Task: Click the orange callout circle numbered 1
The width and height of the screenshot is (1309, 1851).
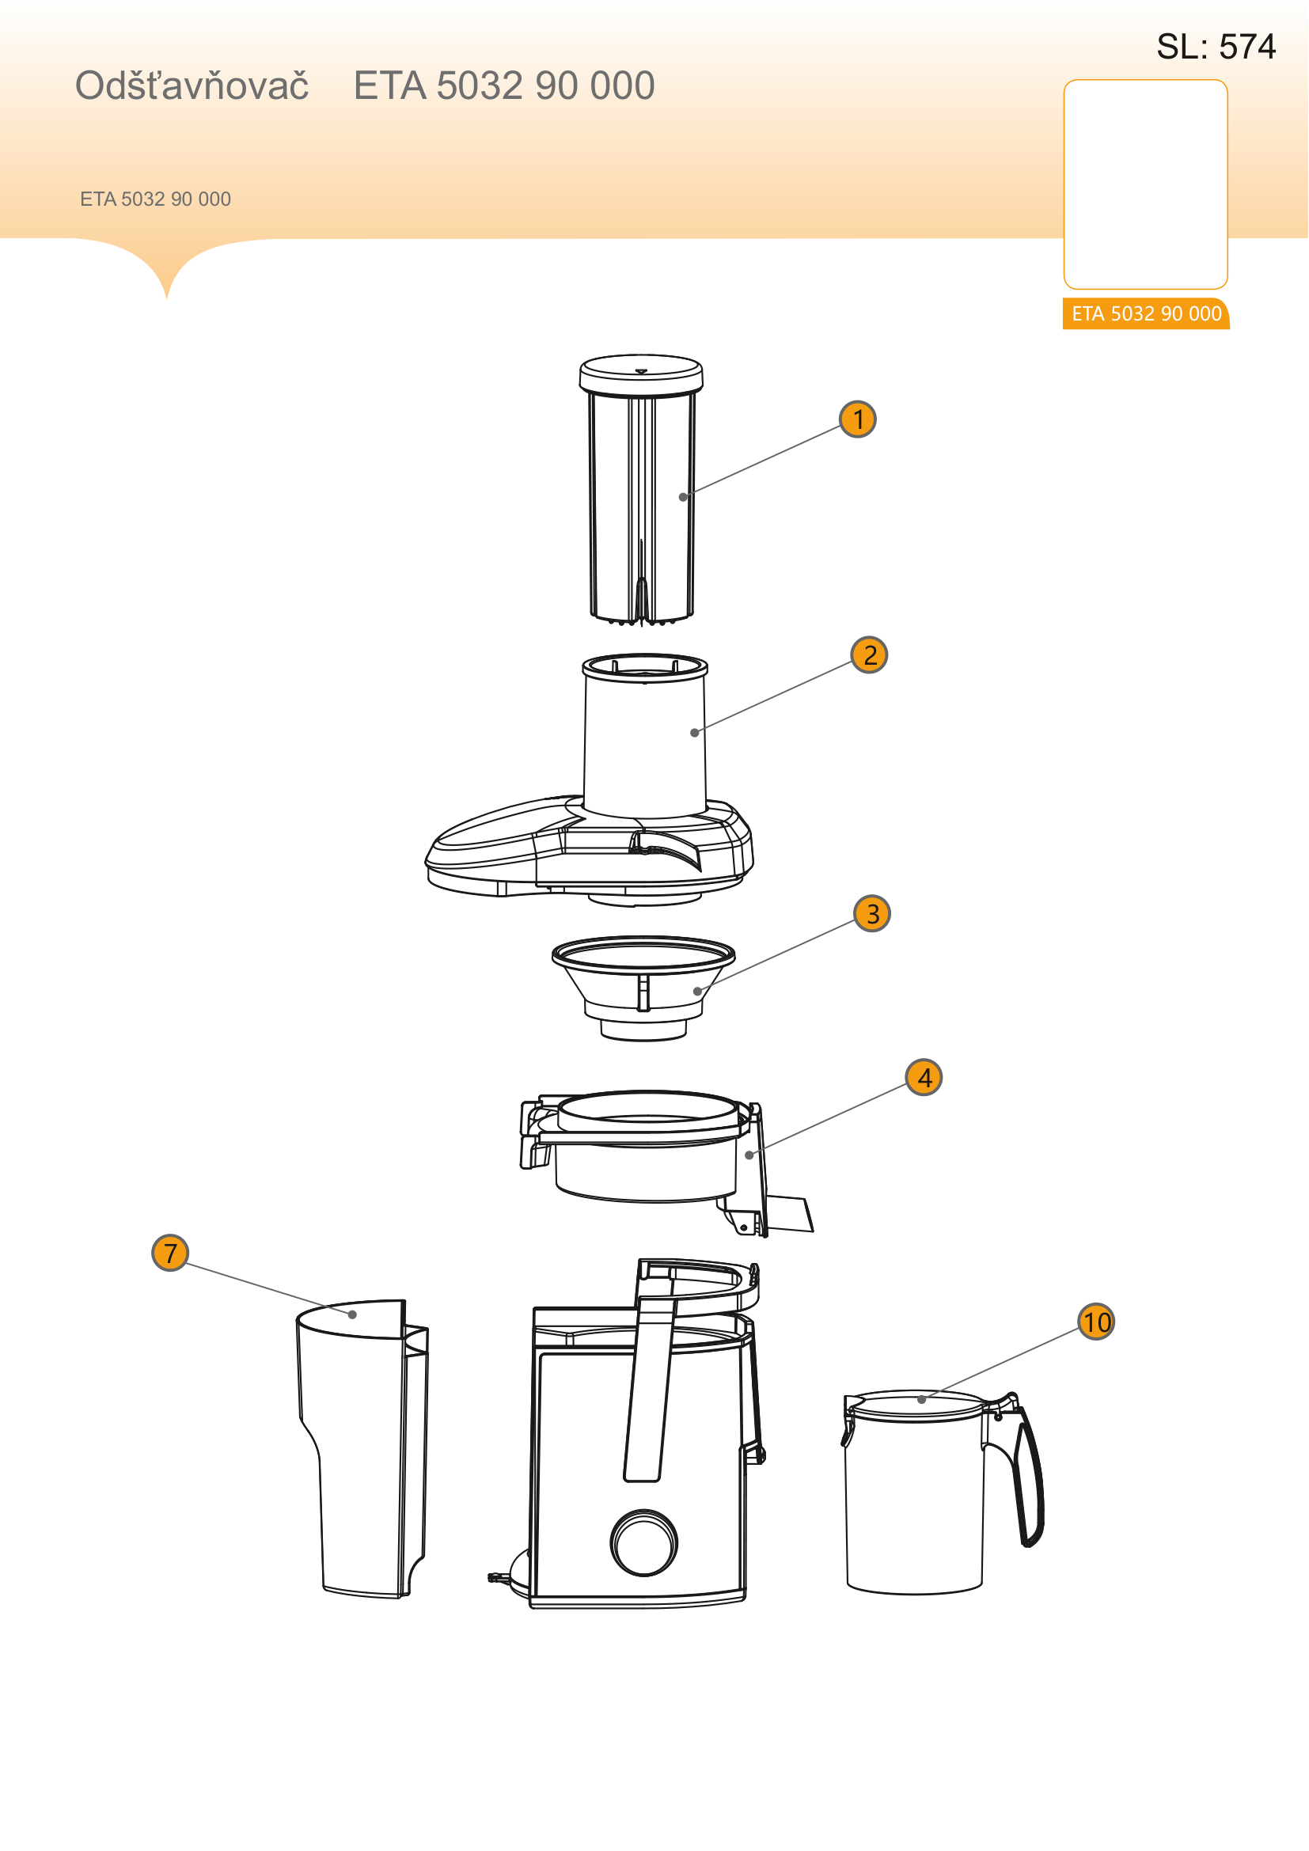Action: coord(858,419)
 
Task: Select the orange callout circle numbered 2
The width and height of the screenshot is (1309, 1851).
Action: coord(870,654)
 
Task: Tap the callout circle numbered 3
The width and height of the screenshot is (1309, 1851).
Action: coord(872,913)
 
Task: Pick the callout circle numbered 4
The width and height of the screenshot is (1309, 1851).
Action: coord(924,1077)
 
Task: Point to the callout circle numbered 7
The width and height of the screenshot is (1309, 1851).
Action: coord(170,1253)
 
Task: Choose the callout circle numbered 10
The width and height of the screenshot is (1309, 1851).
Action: coord(1096,1322)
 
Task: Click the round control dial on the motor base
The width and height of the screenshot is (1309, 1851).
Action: coord(644,1543)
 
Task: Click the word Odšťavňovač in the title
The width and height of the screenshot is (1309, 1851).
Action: coord(192,85)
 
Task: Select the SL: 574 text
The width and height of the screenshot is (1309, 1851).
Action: coord(1216,47)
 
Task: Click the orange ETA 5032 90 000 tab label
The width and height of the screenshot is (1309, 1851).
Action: coord(1146,313)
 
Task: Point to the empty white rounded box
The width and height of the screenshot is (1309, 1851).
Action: coord(1145,184)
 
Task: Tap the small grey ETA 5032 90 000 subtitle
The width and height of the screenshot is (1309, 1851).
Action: coord(156,199)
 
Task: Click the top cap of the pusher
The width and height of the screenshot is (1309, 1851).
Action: coord(642,374)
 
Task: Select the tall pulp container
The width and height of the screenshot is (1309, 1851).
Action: coord(362,1448)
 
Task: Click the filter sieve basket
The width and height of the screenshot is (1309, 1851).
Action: coord(643,988)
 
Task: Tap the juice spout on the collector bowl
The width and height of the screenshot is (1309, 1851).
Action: coord(788,1214)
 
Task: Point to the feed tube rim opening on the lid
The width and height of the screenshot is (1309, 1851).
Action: coord(645,668)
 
